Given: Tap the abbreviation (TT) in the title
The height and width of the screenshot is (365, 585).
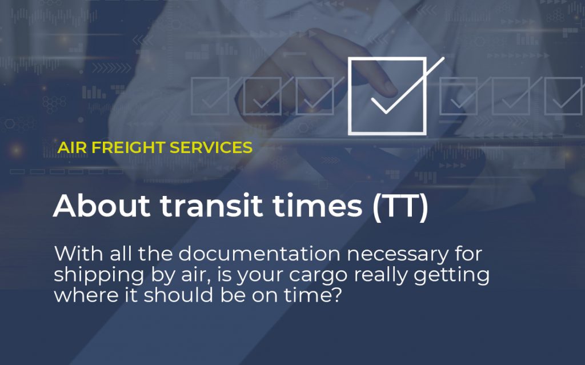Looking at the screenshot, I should (400, 206).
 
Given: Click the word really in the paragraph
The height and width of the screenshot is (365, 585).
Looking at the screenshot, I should (384, 275).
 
